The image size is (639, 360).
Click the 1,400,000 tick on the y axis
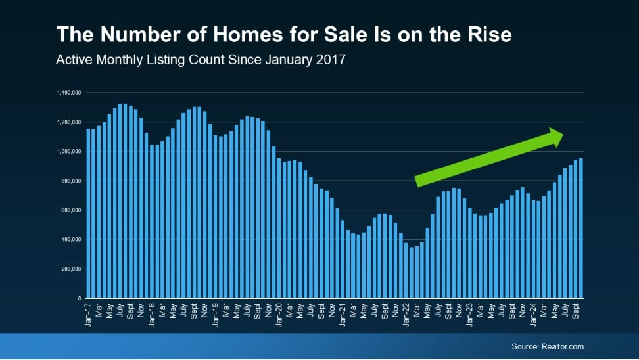pos(69,93)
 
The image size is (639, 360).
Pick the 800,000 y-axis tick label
pos(71,181)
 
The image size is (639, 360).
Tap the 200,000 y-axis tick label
pos(71,269)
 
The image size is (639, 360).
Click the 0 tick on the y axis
pos(80,298)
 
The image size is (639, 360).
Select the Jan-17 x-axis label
pos(88,315)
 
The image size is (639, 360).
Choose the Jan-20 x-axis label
pos(279,315)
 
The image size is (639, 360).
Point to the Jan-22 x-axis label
pos(406,315)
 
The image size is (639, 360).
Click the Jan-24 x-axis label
pos(533,315)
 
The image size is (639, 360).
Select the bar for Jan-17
pos(89,214)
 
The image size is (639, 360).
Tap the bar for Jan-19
pos(216,217)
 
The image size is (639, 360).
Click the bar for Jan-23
pos(469,253)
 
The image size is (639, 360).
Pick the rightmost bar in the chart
pos(580,229)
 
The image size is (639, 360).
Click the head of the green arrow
pos(554,137)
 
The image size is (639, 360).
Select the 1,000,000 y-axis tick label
pos(69,152)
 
